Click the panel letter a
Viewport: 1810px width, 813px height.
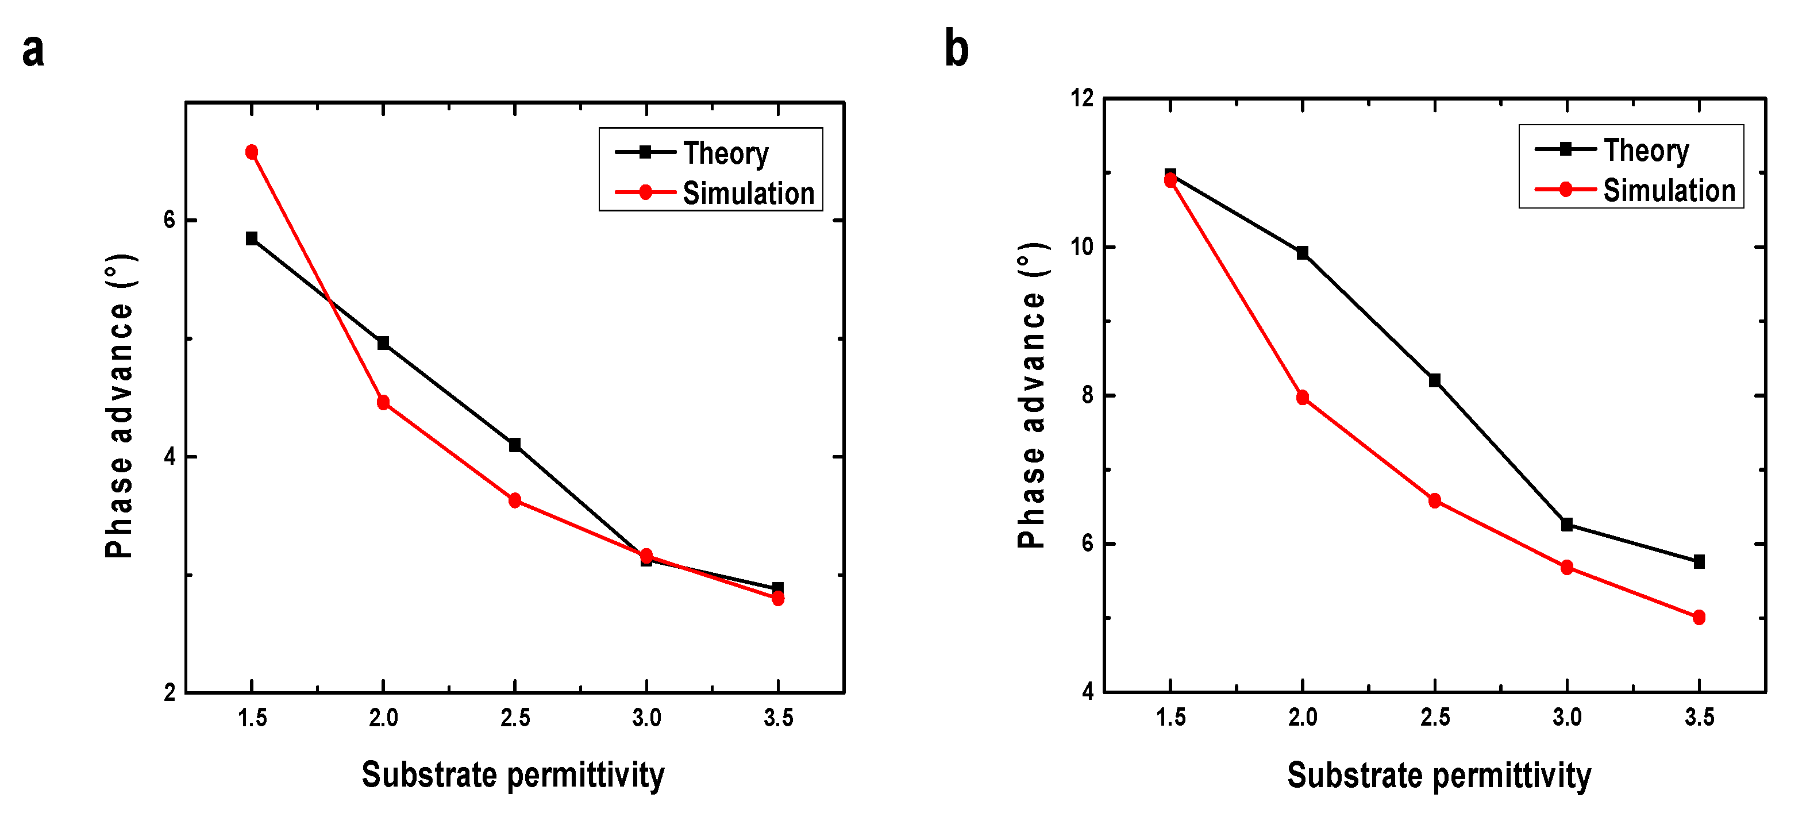(x=33, y=51)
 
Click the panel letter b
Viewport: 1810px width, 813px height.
(x=956, y=49)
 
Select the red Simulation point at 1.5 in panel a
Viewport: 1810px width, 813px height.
(x=252, y=152)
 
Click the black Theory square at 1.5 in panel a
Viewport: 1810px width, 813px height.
(x=252, y=238)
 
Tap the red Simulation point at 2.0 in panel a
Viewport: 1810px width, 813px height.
(x=383, y=403)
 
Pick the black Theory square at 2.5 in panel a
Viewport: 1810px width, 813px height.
(x=514, y=445)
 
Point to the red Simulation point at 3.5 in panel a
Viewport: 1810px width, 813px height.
(x=778, y=599)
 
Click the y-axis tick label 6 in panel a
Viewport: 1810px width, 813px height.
(x=170, y=220)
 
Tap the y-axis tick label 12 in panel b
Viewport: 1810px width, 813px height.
(x=1082, y=98)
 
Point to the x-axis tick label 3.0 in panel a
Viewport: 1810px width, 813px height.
(x=646, y=718)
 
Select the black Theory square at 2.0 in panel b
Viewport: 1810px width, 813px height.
(x=1303, y=253)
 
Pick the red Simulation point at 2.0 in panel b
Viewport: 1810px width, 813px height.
(x=1303, y=398)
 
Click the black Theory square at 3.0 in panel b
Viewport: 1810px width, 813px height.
(x=1567, y=524)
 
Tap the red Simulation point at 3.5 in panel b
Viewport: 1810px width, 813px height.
(x=1699, y=618)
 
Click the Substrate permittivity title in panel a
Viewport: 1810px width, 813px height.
(x=513, y=775)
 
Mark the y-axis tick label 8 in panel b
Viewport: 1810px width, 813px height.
(x=1088, y=396)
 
